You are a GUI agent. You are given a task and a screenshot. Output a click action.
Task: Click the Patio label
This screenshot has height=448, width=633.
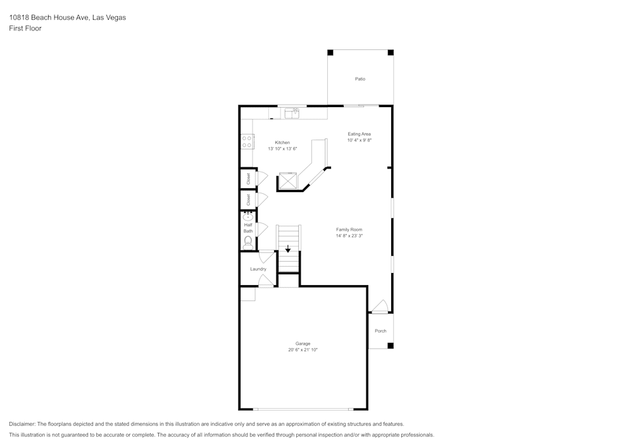pyautogui.click(x=360, y=79)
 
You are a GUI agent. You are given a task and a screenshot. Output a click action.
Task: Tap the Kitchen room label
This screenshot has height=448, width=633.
pyautogui.click(x=282, y=143)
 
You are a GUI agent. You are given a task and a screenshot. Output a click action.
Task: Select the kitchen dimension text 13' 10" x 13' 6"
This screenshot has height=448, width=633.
pyautogui.click(x=282, y=148)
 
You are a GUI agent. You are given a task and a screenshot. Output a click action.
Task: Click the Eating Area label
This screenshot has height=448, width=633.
pyautogui.click(x=359, y=134)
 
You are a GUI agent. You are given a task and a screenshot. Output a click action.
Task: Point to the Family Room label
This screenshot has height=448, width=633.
pyautogui.click(x=349, y=229)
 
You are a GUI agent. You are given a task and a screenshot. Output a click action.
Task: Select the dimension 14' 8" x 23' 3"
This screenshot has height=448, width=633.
pyautogui.click(x=349, y=236)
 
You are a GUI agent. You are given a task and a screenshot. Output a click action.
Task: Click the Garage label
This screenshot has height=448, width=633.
pyautogui.click(x=303, y=343)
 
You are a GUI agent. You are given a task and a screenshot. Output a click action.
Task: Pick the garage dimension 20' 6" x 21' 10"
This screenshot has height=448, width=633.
pyautogui.click(x=303, y=350)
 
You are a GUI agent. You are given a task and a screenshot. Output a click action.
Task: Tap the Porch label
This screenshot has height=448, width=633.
pyautogui.click(x=380, y=331)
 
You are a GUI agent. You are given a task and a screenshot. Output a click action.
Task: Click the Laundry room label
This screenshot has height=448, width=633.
pyautogui.click(x=258, y=269)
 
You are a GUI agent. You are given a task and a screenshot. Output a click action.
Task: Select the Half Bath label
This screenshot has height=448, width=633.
pyautogui.click(x=248, y=228)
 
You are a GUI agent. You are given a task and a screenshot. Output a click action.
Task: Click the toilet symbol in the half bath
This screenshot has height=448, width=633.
pyautogui.click(x=248, y=241)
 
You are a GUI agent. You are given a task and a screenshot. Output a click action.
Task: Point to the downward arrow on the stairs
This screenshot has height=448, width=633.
pyautogui.click(x=288, y=249)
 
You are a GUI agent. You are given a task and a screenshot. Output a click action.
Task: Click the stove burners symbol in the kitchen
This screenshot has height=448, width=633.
pyautogui.click(x=247, y=142)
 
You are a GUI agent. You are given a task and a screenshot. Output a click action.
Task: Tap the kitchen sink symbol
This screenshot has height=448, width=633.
pyautogui.click(x=292, y=113)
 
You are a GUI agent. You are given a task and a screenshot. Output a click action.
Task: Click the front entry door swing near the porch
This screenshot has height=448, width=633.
pyautogui.click(x=380, y=307)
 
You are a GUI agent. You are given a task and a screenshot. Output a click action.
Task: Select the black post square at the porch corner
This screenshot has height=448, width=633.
pyautogui.click(x=390, y=345)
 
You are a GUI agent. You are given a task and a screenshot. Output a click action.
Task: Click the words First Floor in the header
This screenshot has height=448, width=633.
pyautogui.click(x=25, y=29)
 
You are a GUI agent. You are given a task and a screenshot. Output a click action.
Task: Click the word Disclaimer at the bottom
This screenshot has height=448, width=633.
pyautogui.click(x=22, y=424)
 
